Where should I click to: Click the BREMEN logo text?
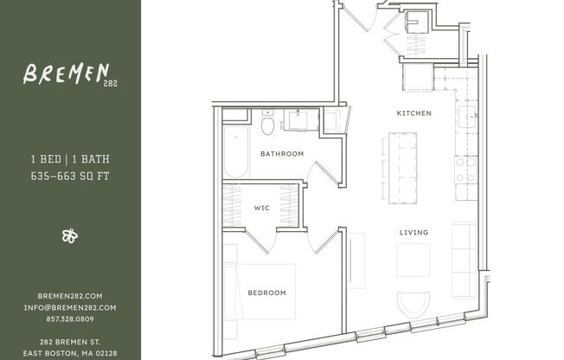point(65,74)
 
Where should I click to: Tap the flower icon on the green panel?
point(70,235)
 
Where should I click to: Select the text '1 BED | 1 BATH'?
point(70,160)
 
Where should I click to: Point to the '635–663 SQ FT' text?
point(70,176)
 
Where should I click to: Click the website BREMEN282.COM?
point(70,296)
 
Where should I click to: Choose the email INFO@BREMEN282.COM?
point(70,307)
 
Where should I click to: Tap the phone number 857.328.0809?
point(70,318)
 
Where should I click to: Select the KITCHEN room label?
point(413,114)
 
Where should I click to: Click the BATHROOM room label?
point(282,154)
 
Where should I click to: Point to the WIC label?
point(261,208)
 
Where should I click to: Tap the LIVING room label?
point(413,233)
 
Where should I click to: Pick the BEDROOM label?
point(266,292)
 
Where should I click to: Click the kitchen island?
point(402,167)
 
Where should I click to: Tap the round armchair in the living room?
point(413,303)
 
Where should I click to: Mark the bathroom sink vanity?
point(303,119)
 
